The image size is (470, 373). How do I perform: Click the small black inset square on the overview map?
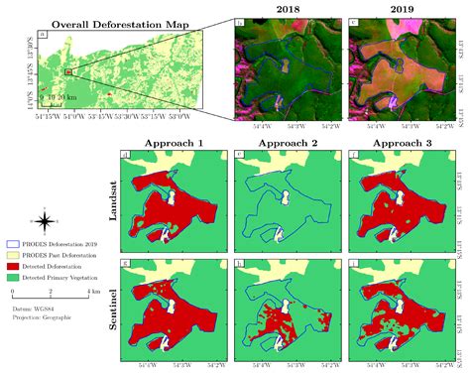click(68, 72)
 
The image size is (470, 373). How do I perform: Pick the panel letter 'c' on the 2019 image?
click(354, 21)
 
